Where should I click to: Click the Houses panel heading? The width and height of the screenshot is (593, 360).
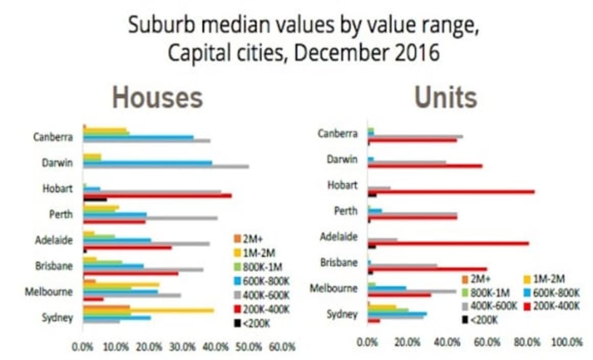157,97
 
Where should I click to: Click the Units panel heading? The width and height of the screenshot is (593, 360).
445,97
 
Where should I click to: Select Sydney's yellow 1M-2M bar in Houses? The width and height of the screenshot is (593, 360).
148,310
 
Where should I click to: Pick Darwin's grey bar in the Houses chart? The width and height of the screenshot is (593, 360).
166,166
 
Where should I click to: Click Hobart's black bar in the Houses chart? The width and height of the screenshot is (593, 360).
95,199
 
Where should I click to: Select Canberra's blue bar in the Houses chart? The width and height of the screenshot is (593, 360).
138,137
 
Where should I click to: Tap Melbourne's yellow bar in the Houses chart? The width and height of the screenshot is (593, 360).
121,284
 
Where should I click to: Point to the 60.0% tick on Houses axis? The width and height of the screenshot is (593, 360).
282,347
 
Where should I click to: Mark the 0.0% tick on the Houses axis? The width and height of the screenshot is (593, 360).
83,347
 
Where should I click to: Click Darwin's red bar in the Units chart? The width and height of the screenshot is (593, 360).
425,166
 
